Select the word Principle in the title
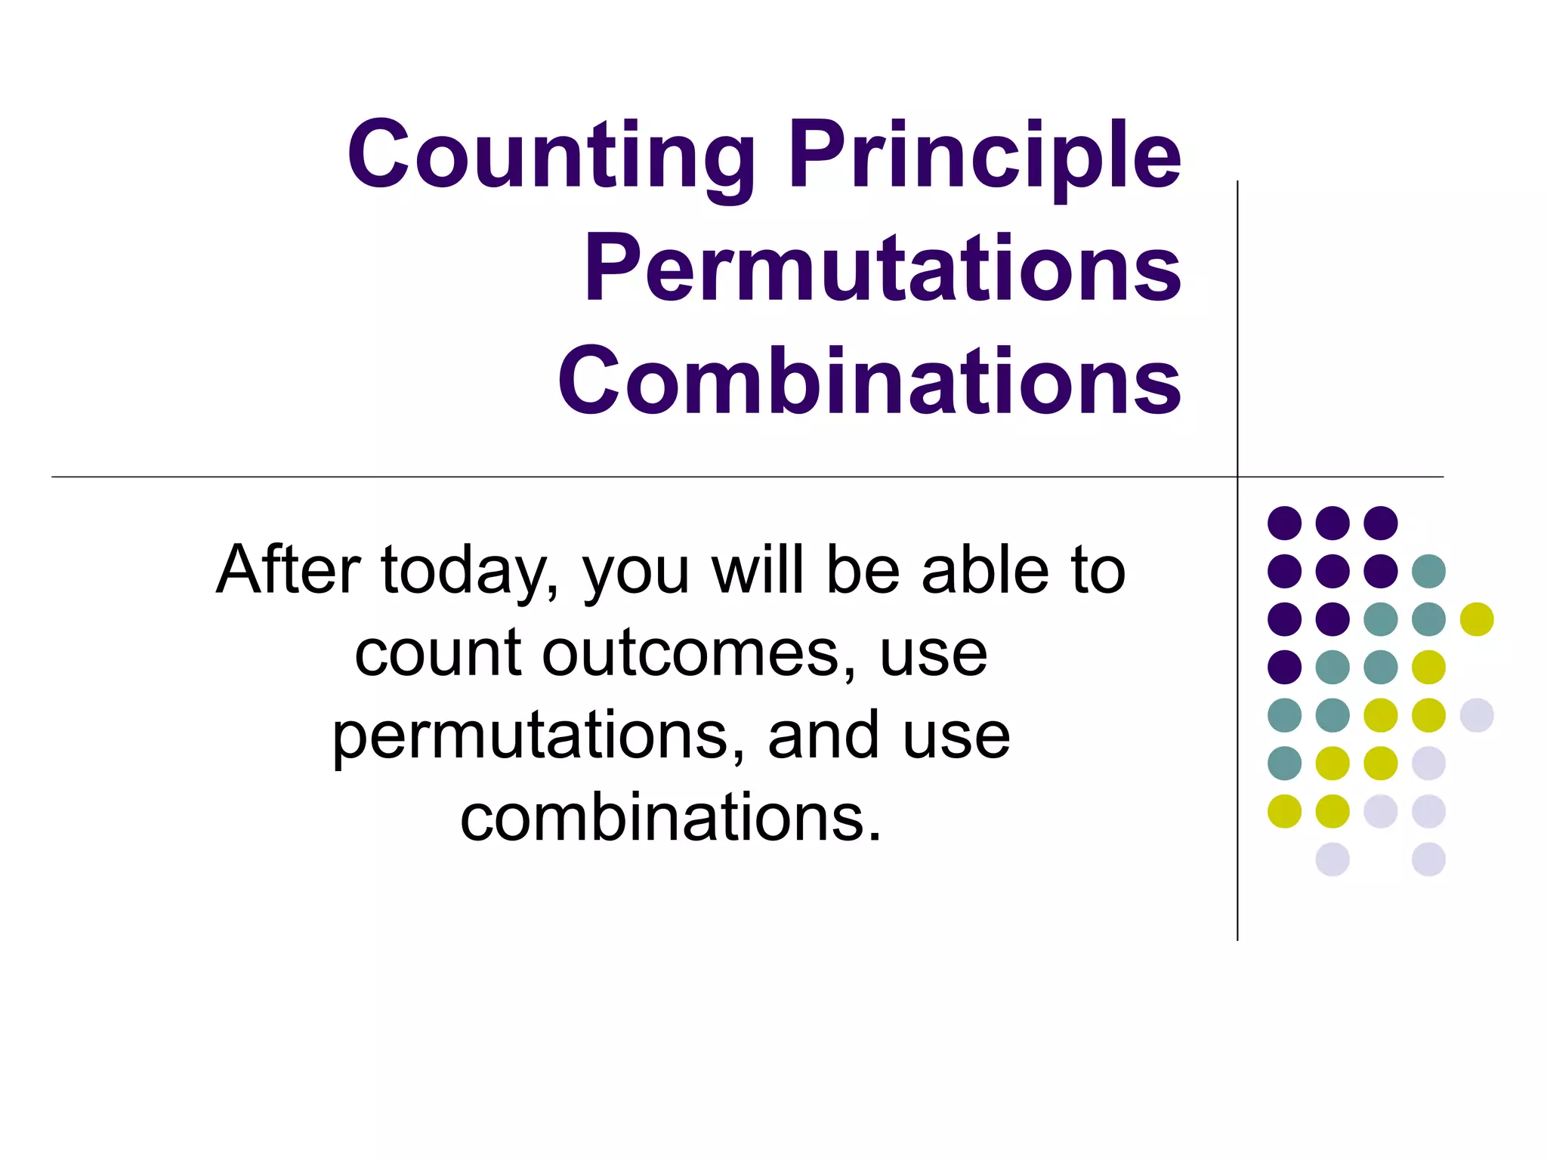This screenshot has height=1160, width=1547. (984, 156)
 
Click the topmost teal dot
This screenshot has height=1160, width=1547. (1428, 571)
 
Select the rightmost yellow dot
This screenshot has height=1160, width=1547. (1477, 619)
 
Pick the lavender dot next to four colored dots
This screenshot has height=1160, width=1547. (1477, 715)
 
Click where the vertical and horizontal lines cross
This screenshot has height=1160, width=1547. (1237, 477)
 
